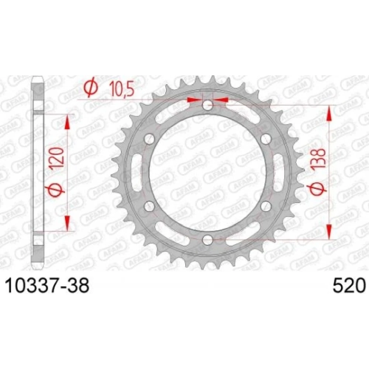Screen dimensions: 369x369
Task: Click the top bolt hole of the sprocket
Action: click(x=207, y=105)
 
